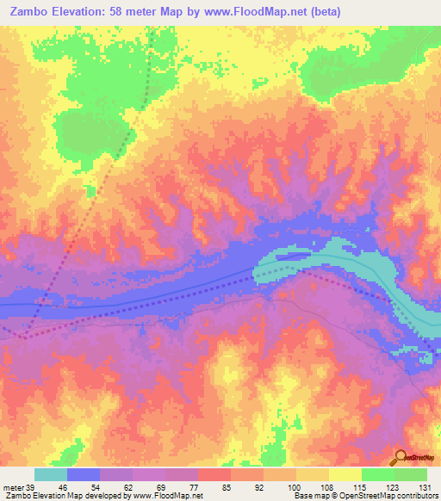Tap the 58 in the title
click(x=121, y=12)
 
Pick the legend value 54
click(x=109, y=487)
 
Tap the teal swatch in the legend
click(x=51, y=474)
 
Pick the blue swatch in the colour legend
click(x=84, y=474)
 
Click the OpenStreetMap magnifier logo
click(x=401, y=457)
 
